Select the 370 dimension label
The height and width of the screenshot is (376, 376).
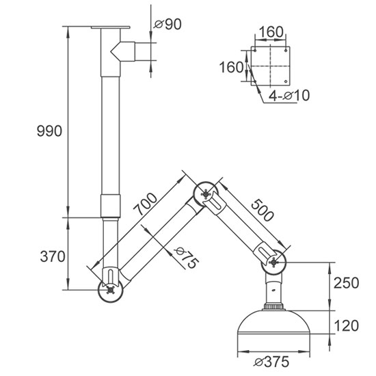click(x=52, y=257)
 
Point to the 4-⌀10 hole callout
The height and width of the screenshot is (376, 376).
click(x=288, y=96)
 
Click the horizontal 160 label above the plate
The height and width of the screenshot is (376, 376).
click(x=271, y=31)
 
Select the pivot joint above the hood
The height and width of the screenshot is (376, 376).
click(x=276, y=260)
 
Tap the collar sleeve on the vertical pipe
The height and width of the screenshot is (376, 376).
click(x=110, y=204)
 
